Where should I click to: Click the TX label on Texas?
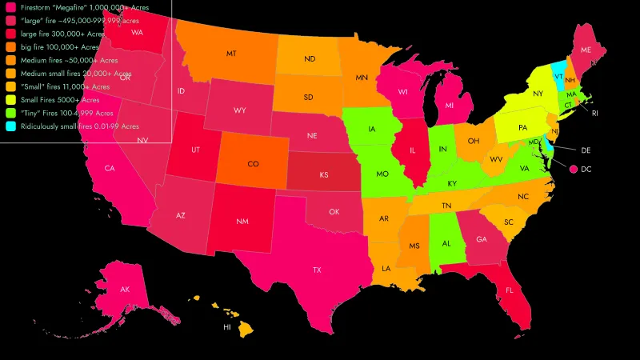click(317, 270)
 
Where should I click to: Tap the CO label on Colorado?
click(253, 164)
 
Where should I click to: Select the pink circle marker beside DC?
click(574, 169)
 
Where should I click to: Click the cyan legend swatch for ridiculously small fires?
click(10, 126)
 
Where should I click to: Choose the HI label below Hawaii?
click(226, 327)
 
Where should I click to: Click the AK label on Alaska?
click(125, 289)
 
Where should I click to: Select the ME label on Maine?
click(586, 50)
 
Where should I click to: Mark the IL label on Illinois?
click(413, 150)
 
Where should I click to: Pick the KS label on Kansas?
click(325, 174)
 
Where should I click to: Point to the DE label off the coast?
click(585, 150)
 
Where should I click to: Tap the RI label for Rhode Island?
click(594, 114)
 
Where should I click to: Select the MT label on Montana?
click(230, 54)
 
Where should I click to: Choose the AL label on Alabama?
click(447, 243)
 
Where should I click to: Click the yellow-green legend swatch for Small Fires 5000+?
click(10, 100)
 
